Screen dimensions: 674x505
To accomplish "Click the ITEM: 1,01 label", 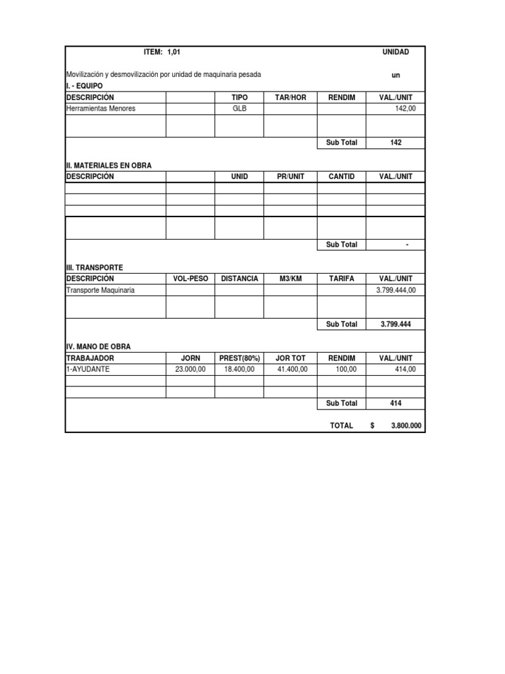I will click(160, 52).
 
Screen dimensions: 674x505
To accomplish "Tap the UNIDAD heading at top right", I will click(395, 52).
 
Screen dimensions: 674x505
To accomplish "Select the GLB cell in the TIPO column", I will click(239, 109).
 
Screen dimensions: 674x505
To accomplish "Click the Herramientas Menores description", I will click(101, 109).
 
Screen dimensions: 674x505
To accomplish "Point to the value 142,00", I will click(405, 109).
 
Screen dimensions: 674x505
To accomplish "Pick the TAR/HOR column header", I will click(290, 97).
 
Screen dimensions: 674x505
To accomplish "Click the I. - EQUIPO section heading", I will click(85, 86).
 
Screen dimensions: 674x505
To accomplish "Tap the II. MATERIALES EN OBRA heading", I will click(108, 166).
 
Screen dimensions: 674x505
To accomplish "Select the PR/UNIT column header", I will click(290, 176).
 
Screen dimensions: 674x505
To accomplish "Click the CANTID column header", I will click(341, 176).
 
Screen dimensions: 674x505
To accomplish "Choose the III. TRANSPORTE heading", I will click(95, 268).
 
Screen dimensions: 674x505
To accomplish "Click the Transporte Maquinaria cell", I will click(101, 290).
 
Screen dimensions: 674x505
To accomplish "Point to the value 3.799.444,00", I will click(396, 290).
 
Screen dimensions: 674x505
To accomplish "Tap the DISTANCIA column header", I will click(239, 279).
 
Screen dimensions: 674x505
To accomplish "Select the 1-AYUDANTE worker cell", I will click(88, 369).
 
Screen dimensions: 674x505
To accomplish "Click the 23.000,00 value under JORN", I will click(191, 369).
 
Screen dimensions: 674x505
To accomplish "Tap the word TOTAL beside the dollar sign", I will click(341, 426).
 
